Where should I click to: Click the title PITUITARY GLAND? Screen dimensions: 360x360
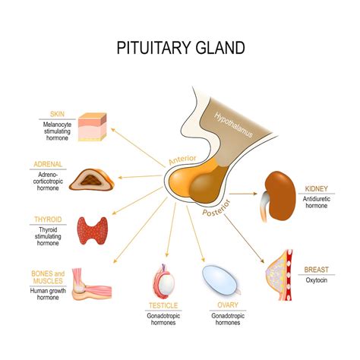[180, 49]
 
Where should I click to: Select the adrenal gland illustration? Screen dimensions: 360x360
[90, 178]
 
